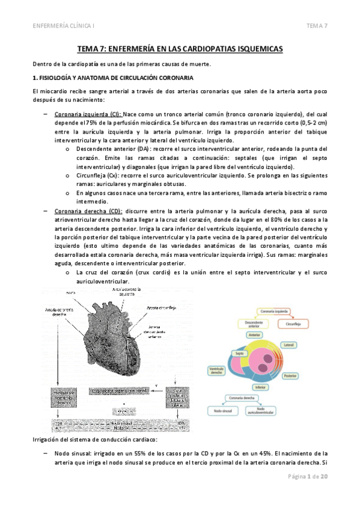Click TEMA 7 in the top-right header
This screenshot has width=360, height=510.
(317, 25)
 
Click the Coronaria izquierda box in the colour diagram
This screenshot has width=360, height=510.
(275, 312)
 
